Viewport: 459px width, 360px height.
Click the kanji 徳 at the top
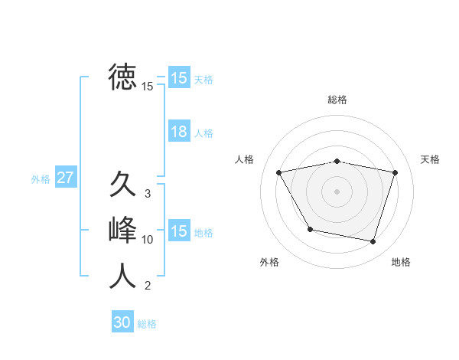point(122,77)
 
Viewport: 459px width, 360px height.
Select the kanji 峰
point(122,230)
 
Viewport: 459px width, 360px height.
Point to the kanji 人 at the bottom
point(122,275)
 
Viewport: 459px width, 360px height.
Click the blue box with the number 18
point(179,132)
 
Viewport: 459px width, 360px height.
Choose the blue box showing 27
point(65,178)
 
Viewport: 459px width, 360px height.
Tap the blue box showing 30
point(122,322)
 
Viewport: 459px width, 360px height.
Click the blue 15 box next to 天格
point(179,78)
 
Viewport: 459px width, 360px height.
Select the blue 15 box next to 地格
point(179,231)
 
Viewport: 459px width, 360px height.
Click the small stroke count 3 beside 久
point(148,194)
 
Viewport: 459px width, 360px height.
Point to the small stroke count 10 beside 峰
point(148,240)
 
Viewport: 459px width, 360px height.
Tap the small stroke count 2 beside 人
point(148,286)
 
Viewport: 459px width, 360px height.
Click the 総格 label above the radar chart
point(337,100)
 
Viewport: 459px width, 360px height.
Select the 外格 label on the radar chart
point(269,262)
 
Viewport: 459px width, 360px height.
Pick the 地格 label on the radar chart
point(401,262)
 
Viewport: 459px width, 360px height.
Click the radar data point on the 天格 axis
point(395,172)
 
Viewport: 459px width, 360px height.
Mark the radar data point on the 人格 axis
point(279,172)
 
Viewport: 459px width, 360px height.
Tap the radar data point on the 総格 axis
point(337,162)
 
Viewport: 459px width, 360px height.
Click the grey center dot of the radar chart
point(337,191)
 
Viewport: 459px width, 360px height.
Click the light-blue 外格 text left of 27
point(41,179)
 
